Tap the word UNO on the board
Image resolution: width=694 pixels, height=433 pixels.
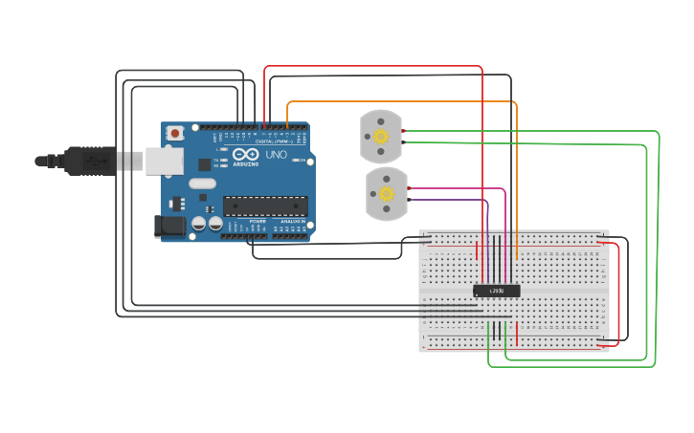[276, 155]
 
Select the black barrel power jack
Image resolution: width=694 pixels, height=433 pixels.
[168, 227]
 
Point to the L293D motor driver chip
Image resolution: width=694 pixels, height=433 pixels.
[497, 290]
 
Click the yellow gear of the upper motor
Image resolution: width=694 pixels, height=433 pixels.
[381, 137]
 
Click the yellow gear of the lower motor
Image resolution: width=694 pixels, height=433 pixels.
[387, 194]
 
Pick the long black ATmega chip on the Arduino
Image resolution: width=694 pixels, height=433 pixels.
[265, 206]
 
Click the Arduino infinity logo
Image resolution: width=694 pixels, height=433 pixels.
[244, 155]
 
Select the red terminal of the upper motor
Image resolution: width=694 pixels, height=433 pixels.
[405, 131]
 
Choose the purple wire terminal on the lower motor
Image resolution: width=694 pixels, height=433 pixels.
[411, 200]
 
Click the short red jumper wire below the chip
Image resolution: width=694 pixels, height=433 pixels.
[518, 334]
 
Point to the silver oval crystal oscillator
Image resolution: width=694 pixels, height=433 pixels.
[202, 183]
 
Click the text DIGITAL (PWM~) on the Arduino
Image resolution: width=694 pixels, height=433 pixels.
[273, 141]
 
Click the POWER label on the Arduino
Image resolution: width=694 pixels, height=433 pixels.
[257, 221]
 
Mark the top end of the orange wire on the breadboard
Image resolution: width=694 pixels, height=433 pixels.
[517, 258]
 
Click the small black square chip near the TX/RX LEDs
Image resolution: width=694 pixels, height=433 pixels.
[205, 163]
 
